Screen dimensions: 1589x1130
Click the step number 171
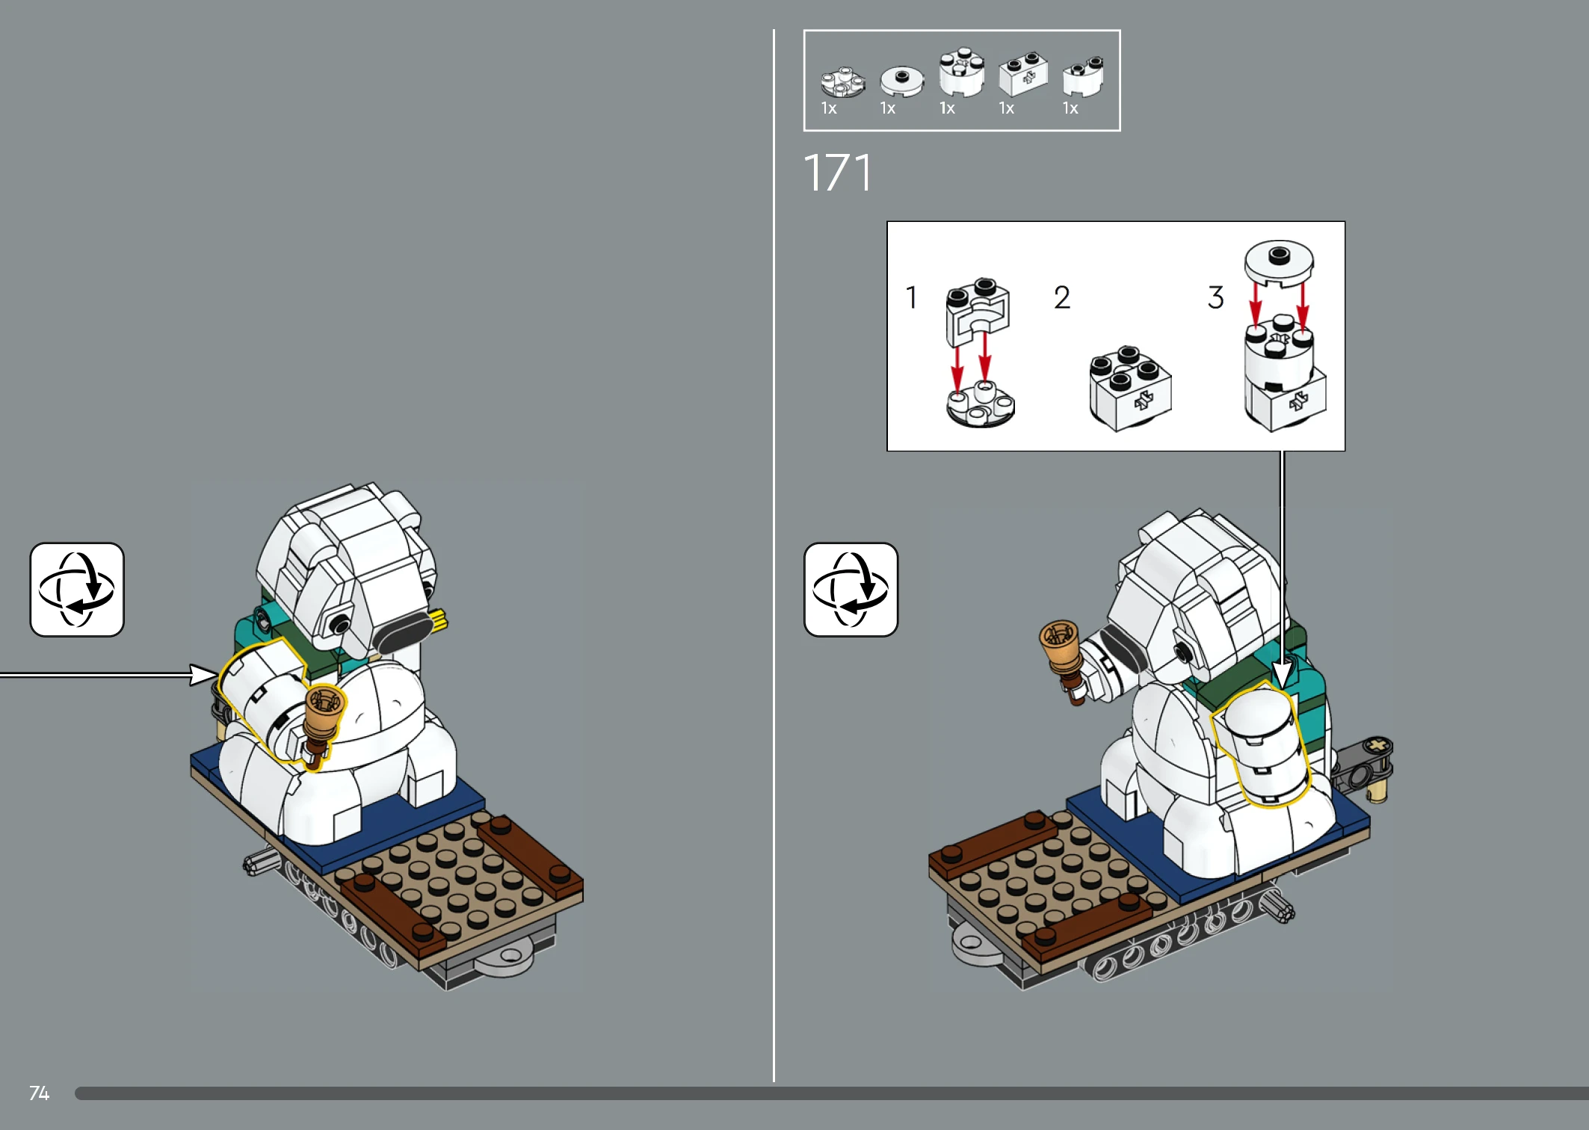click(837, 173)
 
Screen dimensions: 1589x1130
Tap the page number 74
click(39, 1093)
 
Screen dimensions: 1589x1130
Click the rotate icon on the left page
click(77, 590)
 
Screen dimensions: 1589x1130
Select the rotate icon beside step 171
click(851, 590)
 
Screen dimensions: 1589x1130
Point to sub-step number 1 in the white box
click(911, 297)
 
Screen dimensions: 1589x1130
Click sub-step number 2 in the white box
click(1062, 297)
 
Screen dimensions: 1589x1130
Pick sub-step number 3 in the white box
click(1216, 297)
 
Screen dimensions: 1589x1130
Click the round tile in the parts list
click(901, 80)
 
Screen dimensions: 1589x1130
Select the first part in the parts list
click(842, 82)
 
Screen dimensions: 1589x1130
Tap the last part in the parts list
click(1083, 76)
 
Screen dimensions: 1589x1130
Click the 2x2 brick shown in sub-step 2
click(1130, 389)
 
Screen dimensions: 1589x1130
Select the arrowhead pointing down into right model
click(1283, 676)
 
